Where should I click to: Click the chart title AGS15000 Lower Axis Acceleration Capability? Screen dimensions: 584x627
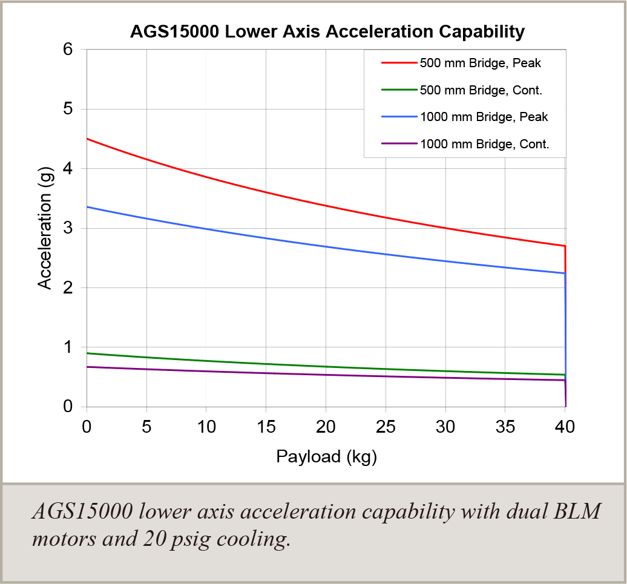point(327,31)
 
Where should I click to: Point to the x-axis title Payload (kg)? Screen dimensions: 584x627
point(327,456)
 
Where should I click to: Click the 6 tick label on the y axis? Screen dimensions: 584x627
point(68,50)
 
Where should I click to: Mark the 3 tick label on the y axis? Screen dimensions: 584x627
point(68,229)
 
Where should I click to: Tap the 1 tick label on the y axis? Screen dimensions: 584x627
point(68,347)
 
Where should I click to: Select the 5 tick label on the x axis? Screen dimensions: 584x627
point(146,426)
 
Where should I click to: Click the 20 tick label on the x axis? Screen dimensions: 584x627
point(326,426)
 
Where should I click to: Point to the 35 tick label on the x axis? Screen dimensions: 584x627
point(506,426)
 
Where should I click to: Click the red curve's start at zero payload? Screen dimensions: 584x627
point(87,139)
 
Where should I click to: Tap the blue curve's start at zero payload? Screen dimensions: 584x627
point(87,207)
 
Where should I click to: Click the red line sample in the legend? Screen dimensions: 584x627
point(399,62)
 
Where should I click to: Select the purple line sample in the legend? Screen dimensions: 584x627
point(399,144)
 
